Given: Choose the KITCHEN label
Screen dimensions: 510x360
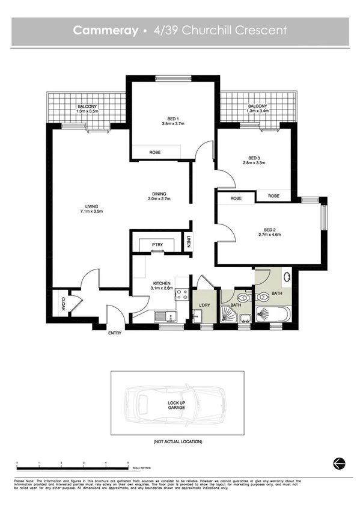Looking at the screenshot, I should [x=162, y=283].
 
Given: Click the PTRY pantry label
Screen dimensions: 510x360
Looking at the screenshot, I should [x=157, y=244].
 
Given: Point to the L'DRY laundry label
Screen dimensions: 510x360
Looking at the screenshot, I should [x=204, y=306].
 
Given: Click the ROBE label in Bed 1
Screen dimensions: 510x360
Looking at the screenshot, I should [x=154, y=153].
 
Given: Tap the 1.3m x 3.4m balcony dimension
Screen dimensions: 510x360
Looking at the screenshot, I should [x=257, y=111].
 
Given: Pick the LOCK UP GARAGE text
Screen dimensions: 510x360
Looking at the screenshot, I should [x=176, y=405].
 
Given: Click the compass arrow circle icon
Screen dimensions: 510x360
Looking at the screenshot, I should [x=337, y=462].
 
